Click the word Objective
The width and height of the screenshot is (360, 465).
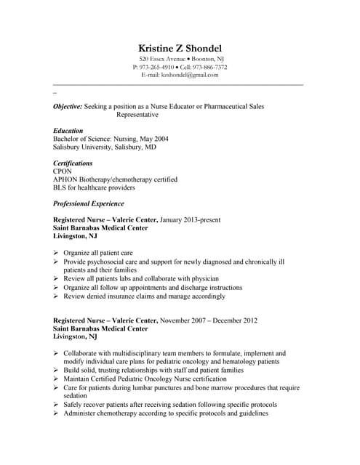(x=67, y=106)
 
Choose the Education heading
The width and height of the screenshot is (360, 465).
(x=68, y=131)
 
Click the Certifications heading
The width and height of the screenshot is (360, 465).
(x=73, y=163)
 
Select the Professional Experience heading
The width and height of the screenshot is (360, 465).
(x=89, y=203)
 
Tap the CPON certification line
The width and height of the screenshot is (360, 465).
(x=63, y=171)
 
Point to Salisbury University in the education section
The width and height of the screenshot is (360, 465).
(x=81, y=147)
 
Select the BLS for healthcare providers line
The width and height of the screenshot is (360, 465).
(x=94, y=187)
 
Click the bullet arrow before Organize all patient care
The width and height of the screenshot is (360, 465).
(x=57, y=253)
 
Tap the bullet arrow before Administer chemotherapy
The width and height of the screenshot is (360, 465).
(x=57, y=413)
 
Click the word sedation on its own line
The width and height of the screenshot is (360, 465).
(x=76, y=396)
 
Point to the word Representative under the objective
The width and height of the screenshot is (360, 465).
(x=137, y=115)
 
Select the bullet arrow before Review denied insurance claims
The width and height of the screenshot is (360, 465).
(x=57, y=296)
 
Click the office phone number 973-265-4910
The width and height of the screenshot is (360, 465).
(x=155, y=66)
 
